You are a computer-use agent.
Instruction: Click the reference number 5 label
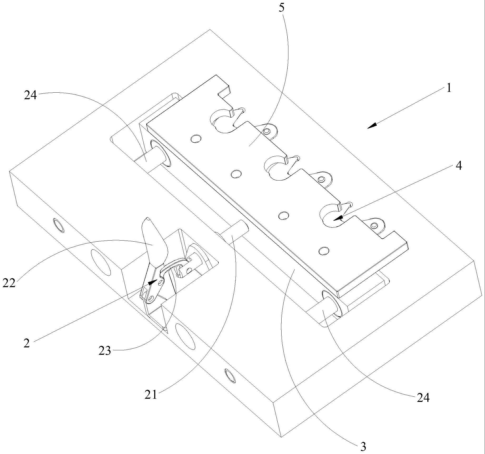[281, 8]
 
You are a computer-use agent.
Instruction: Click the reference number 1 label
[449, 88]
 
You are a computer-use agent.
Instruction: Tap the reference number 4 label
[459, 166]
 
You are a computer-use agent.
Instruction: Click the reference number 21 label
[151, 395]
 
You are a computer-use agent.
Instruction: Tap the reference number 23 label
[105, 351]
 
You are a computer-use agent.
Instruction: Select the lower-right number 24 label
[423, 398]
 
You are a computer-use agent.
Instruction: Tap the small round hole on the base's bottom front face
[230, 375]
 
